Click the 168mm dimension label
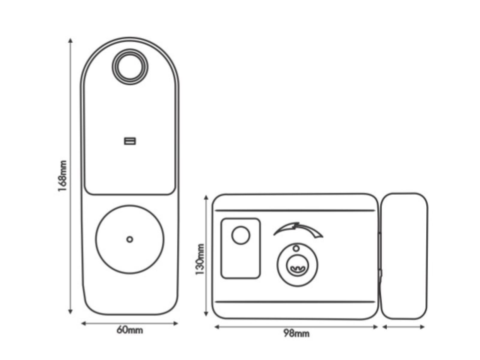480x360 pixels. pos(62,177)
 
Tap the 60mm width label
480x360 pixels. pos(130,330)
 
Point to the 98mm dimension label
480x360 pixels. pos(296,333)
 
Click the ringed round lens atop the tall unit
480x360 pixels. pos(130,66)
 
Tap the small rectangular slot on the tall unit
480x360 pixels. pos(130,141)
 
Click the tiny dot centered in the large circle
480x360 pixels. pos(130,239)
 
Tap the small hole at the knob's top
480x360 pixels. pos(296,248)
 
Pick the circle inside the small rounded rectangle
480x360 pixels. pos(241,235)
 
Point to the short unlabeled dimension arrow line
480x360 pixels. pos(404,327)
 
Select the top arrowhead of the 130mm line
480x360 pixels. pos(206,197)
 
